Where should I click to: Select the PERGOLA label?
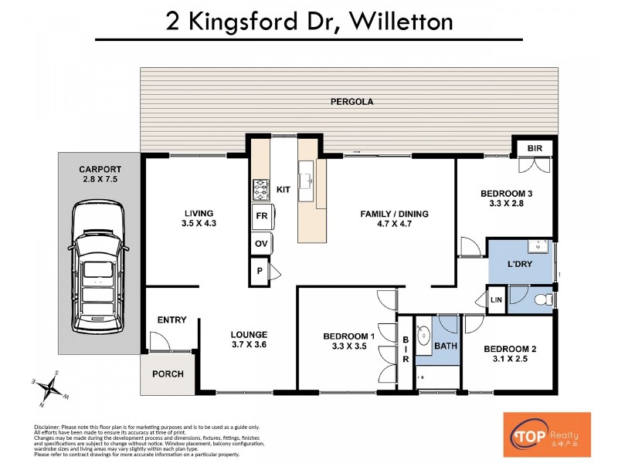(347, 101)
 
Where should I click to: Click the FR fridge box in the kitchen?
(261, 217)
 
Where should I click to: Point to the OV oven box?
(261, 244)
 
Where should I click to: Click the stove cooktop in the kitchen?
(260, 188)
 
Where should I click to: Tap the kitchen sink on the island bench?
(307, 180)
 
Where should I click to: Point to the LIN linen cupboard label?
(494, 299)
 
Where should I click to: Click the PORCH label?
(168, 374)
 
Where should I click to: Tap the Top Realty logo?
(547, 434)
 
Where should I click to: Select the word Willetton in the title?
(401, 22)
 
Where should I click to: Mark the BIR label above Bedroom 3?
(535, 148)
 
